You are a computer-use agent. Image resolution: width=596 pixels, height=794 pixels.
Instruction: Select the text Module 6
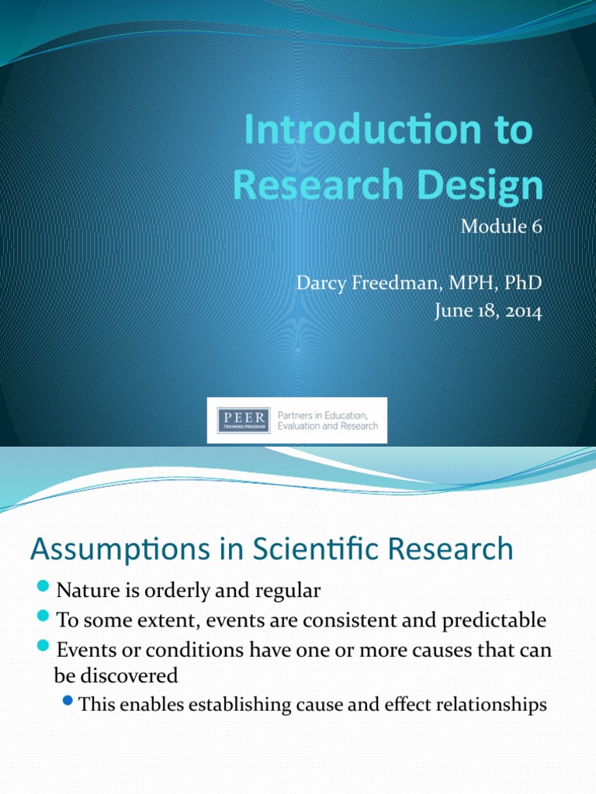click(x=501, y=227)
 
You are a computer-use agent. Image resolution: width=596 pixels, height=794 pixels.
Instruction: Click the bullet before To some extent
click(x=43, y=619)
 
